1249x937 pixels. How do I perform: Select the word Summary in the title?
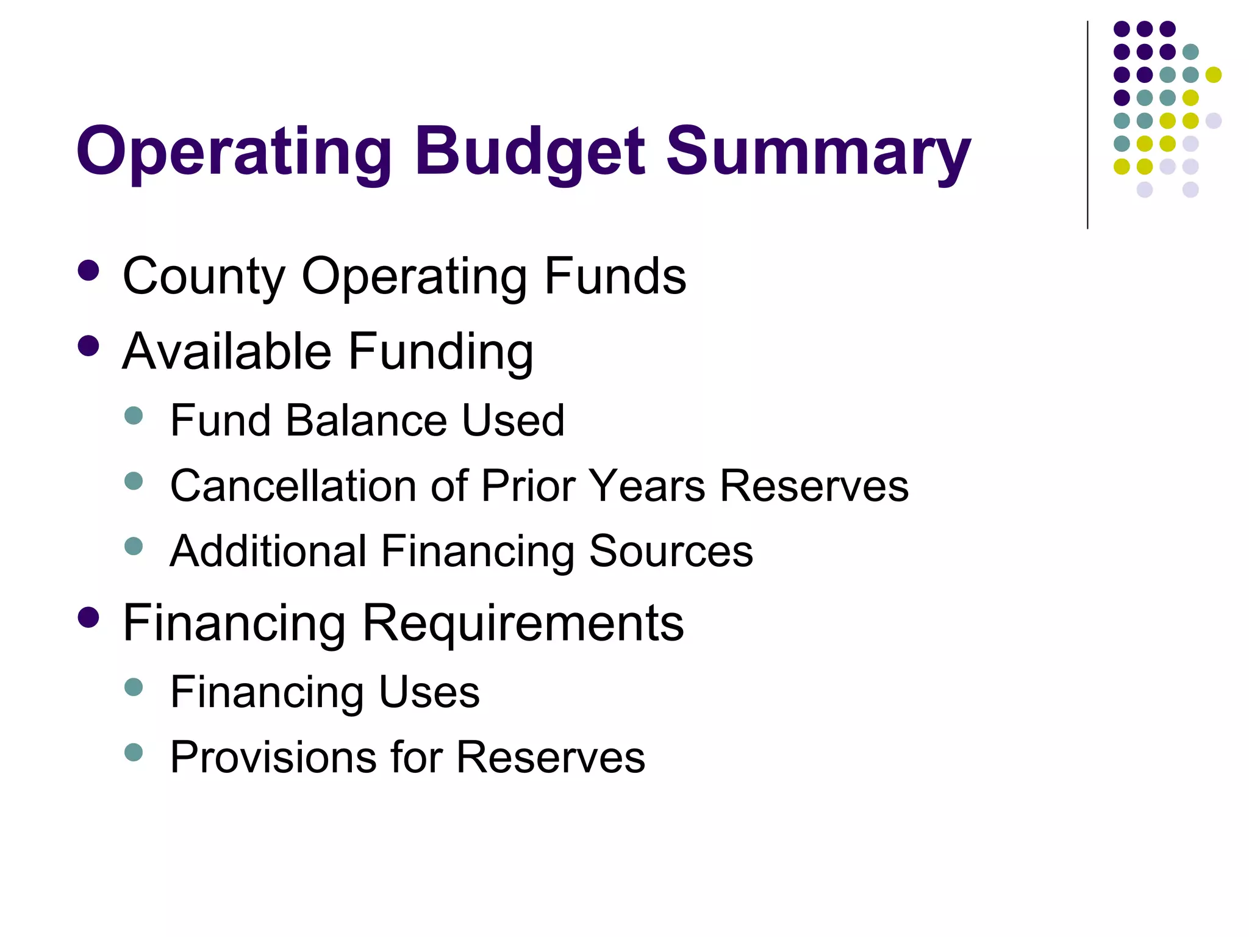coord(818,153)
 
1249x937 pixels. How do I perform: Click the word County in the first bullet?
coord(204,276)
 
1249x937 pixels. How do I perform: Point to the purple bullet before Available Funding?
coord(89,346)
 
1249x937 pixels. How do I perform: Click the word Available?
coord(227,352)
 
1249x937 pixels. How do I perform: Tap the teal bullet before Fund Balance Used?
coord(133,416)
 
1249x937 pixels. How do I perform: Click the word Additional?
coord(268,551)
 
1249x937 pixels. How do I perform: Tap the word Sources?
coord(671,551)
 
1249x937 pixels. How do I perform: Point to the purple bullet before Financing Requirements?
coord(89,617)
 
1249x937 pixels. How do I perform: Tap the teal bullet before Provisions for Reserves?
coord(133,752)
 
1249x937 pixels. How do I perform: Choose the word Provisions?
coord(273,757)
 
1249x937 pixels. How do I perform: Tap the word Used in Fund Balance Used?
coord(513,420)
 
